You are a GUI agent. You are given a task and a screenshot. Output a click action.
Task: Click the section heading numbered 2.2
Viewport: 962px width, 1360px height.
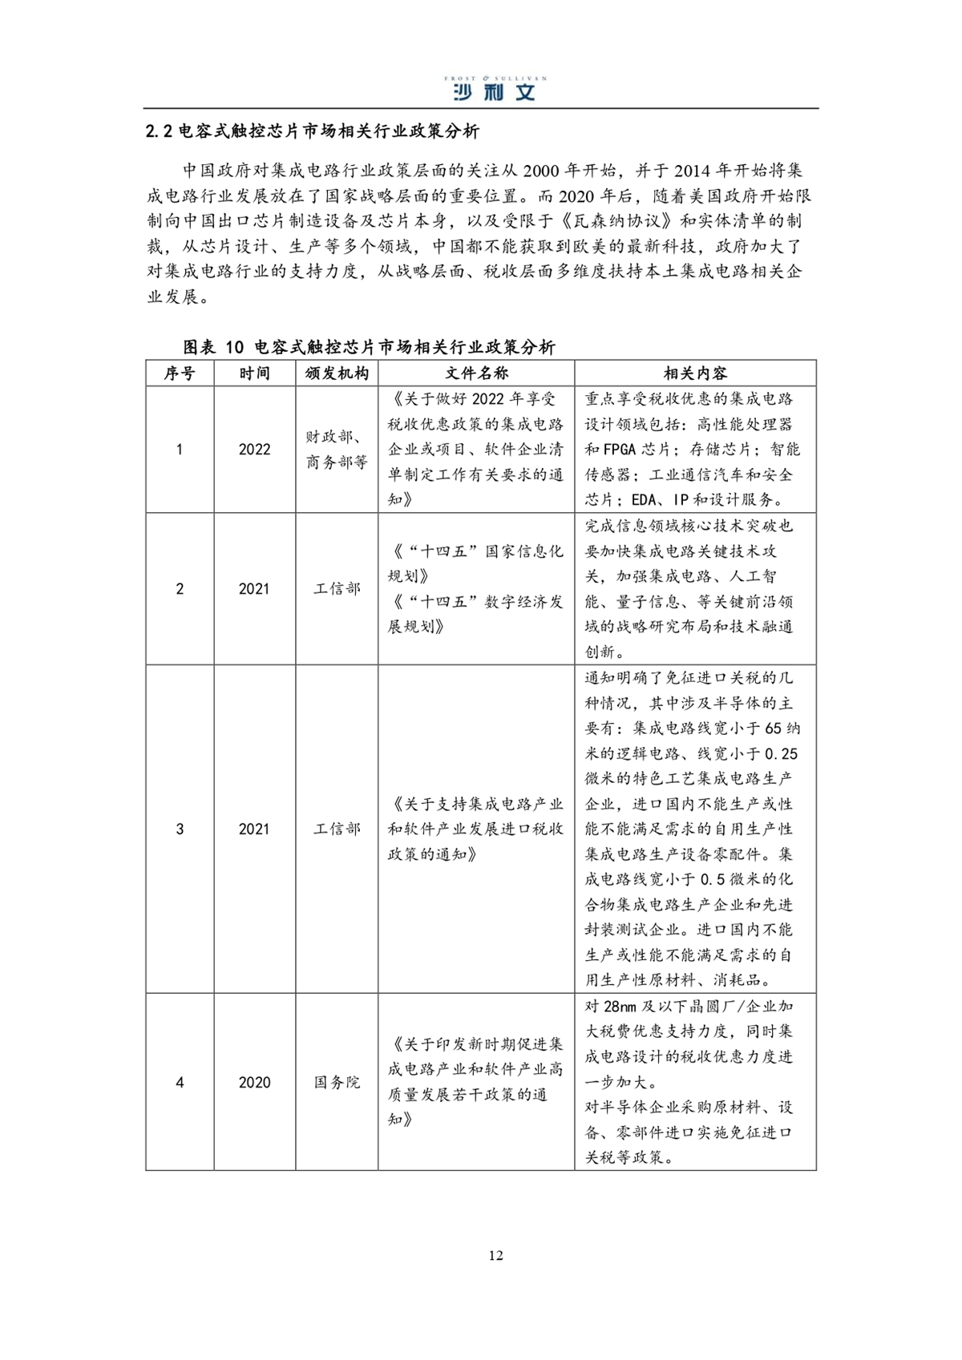coord(313,131)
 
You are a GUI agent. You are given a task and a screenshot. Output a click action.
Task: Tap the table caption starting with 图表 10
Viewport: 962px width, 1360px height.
coord(369,347)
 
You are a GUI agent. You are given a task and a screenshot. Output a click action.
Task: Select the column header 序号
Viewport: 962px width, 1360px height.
coord(180,373)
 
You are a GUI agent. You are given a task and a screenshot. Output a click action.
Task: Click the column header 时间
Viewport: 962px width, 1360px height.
coord(254,373)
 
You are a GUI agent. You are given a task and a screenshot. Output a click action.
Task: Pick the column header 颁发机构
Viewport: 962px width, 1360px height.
coord(337,373)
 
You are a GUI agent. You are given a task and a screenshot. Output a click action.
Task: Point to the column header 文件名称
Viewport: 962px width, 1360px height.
coord(476,373)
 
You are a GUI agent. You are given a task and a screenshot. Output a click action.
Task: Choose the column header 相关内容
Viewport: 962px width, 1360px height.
coord(695,373)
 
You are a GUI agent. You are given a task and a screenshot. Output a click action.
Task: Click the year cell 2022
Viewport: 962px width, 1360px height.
coord(254,450)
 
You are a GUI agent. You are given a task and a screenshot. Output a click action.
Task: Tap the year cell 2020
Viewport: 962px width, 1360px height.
coord(254,1083)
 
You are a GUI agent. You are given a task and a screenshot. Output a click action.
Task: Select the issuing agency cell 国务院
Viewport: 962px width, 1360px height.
coord(337,1083)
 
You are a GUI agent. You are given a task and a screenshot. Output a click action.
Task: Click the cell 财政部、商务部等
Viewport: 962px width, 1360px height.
coord(337,450)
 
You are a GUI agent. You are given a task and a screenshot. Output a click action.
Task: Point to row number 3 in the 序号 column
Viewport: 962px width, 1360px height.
coord(180,829)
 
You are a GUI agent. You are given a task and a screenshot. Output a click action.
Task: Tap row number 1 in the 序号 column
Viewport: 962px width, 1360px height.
coord(180,450)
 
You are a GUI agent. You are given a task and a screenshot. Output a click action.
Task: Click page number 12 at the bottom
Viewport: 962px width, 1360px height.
coord(495,1255)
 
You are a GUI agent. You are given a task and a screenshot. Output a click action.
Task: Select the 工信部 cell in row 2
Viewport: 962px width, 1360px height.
coord(337,589)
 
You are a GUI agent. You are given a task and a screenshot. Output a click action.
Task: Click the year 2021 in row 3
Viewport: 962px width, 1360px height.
coord(254,829)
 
